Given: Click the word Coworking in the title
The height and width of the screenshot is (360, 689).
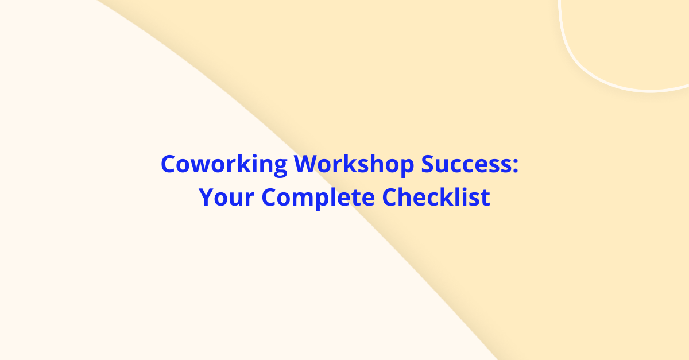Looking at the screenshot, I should [x=224, y=165].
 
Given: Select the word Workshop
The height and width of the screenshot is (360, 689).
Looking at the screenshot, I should [x=354, y=165].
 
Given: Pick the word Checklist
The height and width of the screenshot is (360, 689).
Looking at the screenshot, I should [x=436, y=198].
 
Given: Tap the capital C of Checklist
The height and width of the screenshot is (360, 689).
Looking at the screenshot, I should [x=390, y=198].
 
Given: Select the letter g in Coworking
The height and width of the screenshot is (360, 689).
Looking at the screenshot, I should [x=280, y=168].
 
